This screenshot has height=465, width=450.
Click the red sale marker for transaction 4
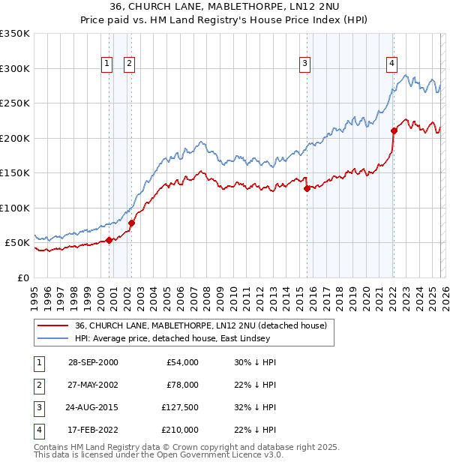(394, 130)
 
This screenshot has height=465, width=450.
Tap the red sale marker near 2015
(307, 189)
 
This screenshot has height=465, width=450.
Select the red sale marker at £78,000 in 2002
(131, 223)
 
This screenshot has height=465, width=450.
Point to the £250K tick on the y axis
(15, 103)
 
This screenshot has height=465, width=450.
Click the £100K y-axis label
(15, 208)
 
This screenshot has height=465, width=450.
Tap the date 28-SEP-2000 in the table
(93, 362)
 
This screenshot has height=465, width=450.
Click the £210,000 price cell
(180, 430)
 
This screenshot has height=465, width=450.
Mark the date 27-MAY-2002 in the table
(93, 385)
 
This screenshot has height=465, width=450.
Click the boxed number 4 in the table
(37, 430)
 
